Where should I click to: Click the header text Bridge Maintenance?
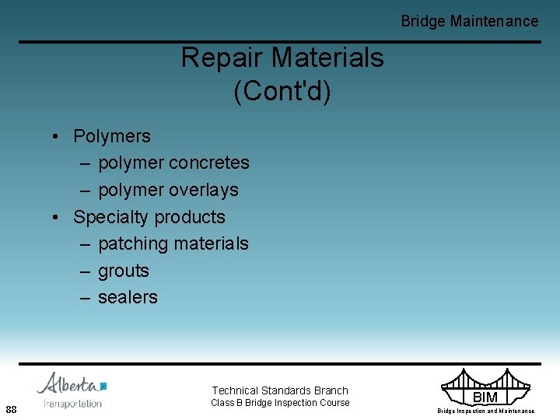(x=469, y=21)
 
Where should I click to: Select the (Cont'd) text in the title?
(x=282, y=91)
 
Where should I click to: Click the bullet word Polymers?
(x=112, y=136)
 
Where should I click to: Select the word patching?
(x=133, y=243)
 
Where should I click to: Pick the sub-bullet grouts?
(x=123, y=271)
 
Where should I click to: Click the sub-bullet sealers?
(x=128, y=297)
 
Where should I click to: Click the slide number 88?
(x=12, y=409)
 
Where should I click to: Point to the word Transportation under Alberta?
(x=73, y=404)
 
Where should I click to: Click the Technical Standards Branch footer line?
(x=280, y=390)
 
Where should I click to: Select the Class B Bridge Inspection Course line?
(x=280, y=403)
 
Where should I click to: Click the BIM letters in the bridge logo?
(x=485, y=397)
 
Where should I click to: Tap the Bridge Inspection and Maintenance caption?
(x=485, y=411)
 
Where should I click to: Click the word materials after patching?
(x=211, y=243)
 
